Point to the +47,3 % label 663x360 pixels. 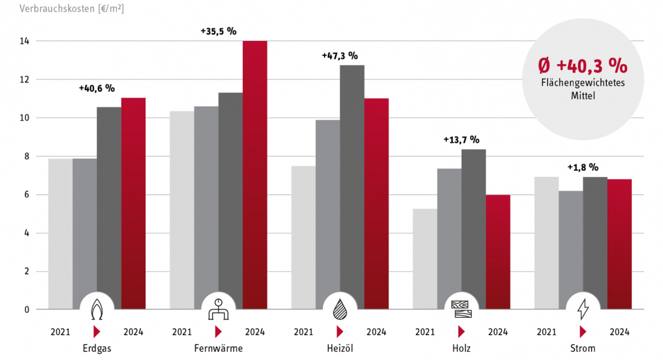coord(340,55)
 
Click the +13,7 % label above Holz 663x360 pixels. coord(461,140)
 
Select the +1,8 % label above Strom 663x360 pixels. coord(583,167)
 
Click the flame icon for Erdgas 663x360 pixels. coord(97,308)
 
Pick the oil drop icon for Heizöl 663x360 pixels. coord(340,308)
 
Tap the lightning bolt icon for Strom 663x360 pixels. coord(583,308)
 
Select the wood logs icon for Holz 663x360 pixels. coord(461,308)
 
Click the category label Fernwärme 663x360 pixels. coord(219,348)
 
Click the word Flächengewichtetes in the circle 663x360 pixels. coord(583,84)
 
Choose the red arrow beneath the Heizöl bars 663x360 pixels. coord(340,331)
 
